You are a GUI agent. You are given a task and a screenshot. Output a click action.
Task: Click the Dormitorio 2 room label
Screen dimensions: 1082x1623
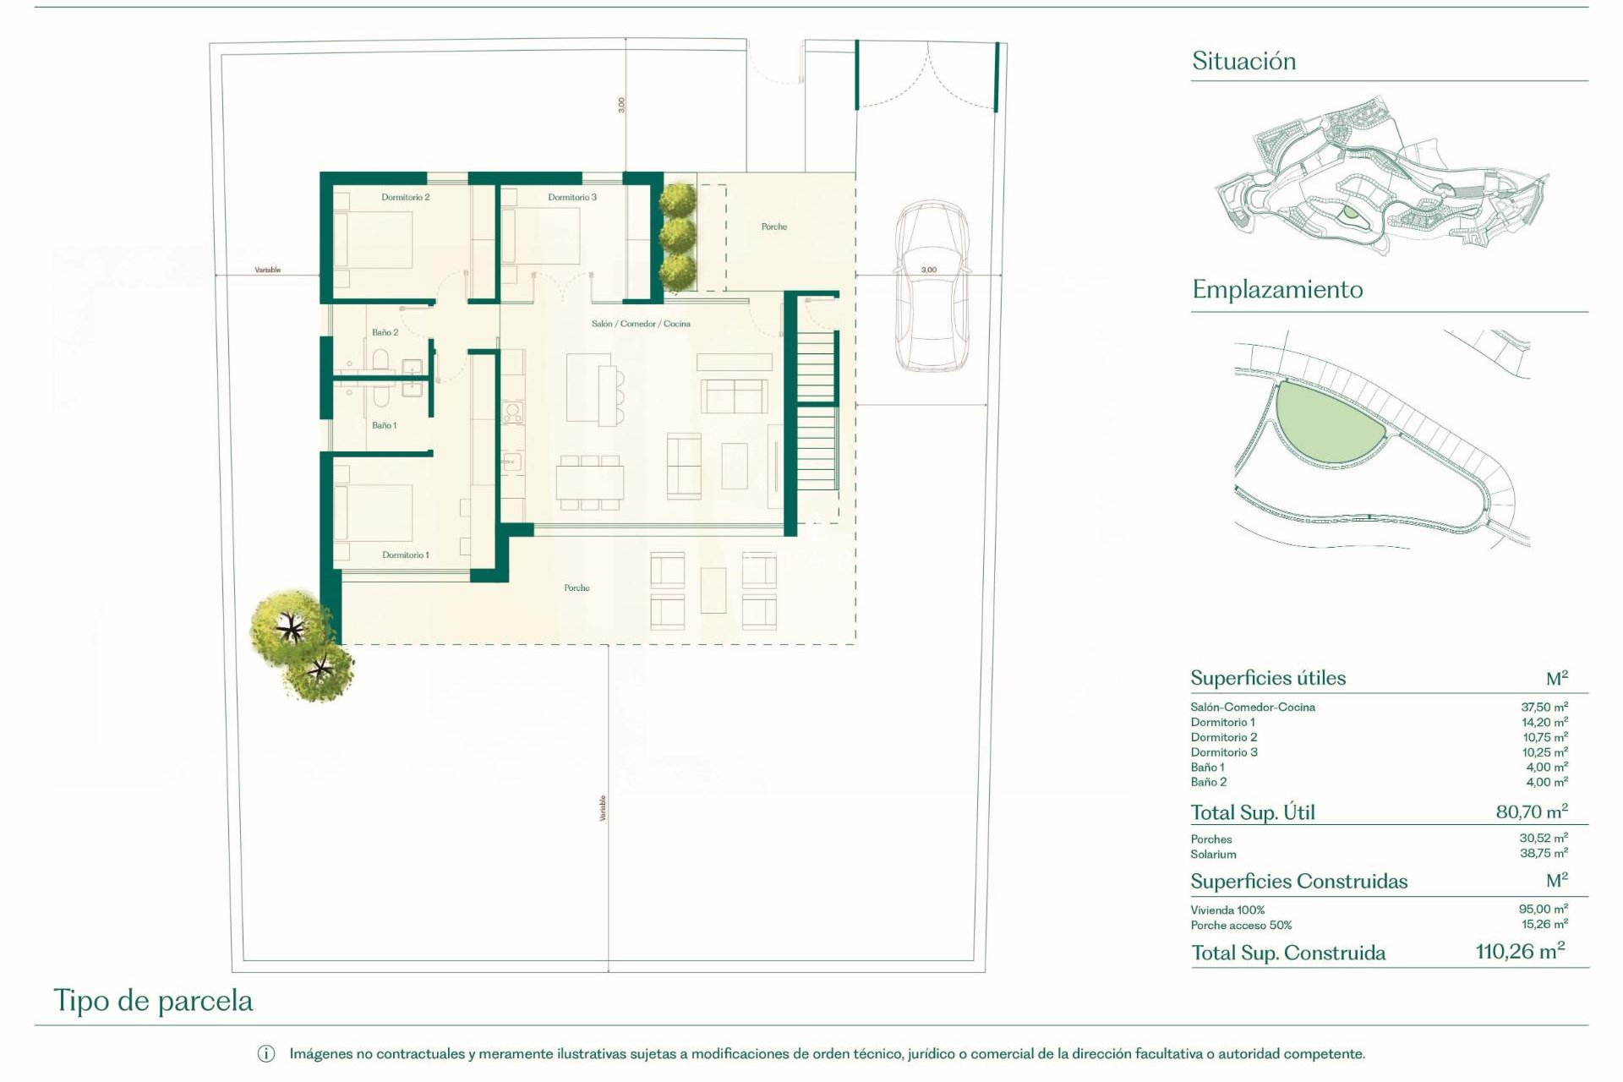[405, 197]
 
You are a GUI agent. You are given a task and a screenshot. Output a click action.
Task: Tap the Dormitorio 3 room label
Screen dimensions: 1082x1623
[572, 197]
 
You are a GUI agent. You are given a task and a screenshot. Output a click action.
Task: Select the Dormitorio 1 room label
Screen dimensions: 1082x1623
[405, 555]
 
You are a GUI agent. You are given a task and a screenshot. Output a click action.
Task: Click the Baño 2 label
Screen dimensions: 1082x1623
[385, 332]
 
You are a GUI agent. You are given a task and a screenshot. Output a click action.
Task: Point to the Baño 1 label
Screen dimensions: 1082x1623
[384, 425]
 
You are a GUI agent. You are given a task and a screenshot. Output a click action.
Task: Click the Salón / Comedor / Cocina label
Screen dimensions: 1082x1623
[641, 324]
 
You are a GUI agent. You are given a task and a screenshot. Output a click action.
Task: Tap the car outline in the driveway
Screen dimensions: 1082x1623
[931, 287]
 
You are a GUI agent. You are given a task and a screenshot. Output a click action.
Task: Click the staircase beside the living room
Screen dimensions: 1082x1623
[816, 414]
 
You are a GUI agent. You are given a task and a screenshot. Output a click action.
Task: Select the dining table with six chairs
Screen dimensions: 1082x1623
[589, 483]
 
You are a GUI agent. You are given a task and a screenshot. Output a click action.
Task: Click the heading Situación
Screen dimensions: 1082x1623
[1243, 61]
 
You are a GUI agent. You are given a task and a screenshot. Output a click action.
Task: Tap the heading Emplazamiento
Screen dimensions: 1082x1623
[1277, 290]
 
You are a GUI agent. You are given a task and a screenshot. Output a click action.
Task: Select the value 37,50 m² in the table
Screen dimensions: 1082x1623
[1544, 707]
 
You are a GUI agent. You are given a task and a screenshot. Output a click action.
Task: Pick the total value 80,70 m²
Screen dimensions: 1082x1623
[1531, 812]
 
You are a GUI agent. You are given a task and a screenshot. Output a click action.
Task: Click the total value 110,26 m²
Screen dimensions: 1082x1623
[1520, 952]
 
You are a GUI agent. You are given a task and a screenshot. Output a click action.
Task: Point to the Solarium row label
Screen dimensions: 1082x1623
[1213, 855]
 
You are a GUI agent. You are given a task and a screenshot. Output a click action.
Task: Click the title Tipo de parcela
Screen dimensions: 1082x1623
[153, 1001]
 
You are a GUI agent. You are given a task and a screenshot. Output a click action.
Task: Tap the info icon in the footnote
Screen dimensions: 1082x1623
[265, 1054]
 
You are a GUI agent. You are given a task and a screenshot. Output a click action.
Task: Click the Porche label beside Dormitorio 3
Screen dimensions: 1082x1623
[773, 227]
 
